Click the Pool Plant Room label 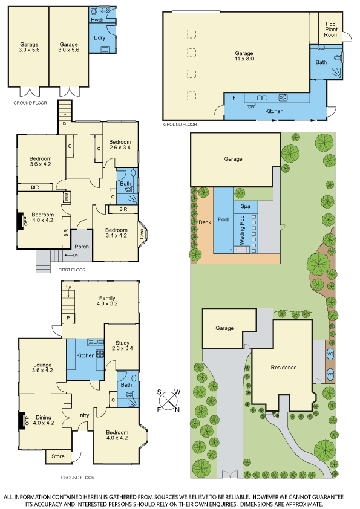(x=331, y=29)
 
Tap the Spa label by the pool (x=245, y=206)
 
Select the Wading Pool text (x=242, y=230)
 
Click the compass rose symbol (x=169, y=401)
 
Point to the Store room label (x=58, y=456)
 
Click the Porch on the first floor (x=82, y=247)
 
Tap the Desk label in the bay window (x=142, y=234)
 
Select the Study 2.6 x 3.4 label (x=122, y=345)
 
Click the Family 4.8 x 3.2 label (x=107, y=300)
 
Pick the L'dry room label (x=100, y=37)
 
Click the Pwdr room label (x=97, y=20)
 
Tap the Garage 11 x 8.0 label (x=244, y=56)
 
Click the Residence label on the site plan (x=284, y=367)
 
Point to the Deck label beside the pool (x=205, y=222)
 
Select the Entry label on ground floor (x=82, y=415)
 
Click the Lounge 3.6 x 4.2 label (x=42, y=368)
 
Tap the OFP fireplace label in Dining (x=27, y=421)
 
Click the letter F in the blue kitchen (x=234, y=97)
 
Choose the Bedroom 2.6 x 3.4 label (x=120, y=144)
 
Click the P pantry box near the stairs (x=68, y=317)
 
